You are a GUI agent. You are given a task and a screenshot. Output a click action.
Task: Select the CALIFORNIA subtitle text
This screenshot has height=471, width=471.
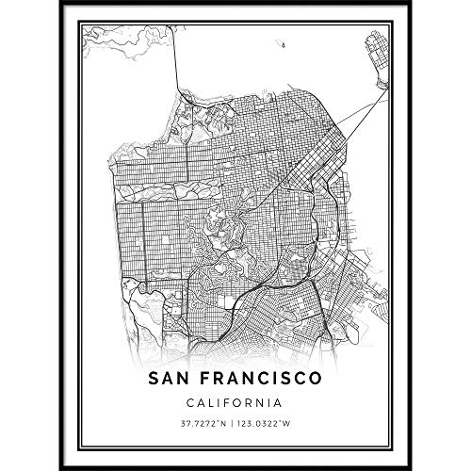coord(235,403)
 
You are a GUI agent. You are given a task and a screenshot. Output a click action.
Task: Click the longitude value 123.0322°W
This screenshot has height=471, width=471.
coord(270,426)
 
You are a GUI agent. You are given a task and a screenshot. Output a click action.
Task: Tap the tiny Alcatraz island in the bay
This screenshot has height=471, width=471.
coord(282,43)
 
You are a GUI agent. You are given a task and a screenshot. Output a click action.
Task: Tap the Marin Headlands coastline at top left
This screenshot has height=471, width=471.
coord(113,42)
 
